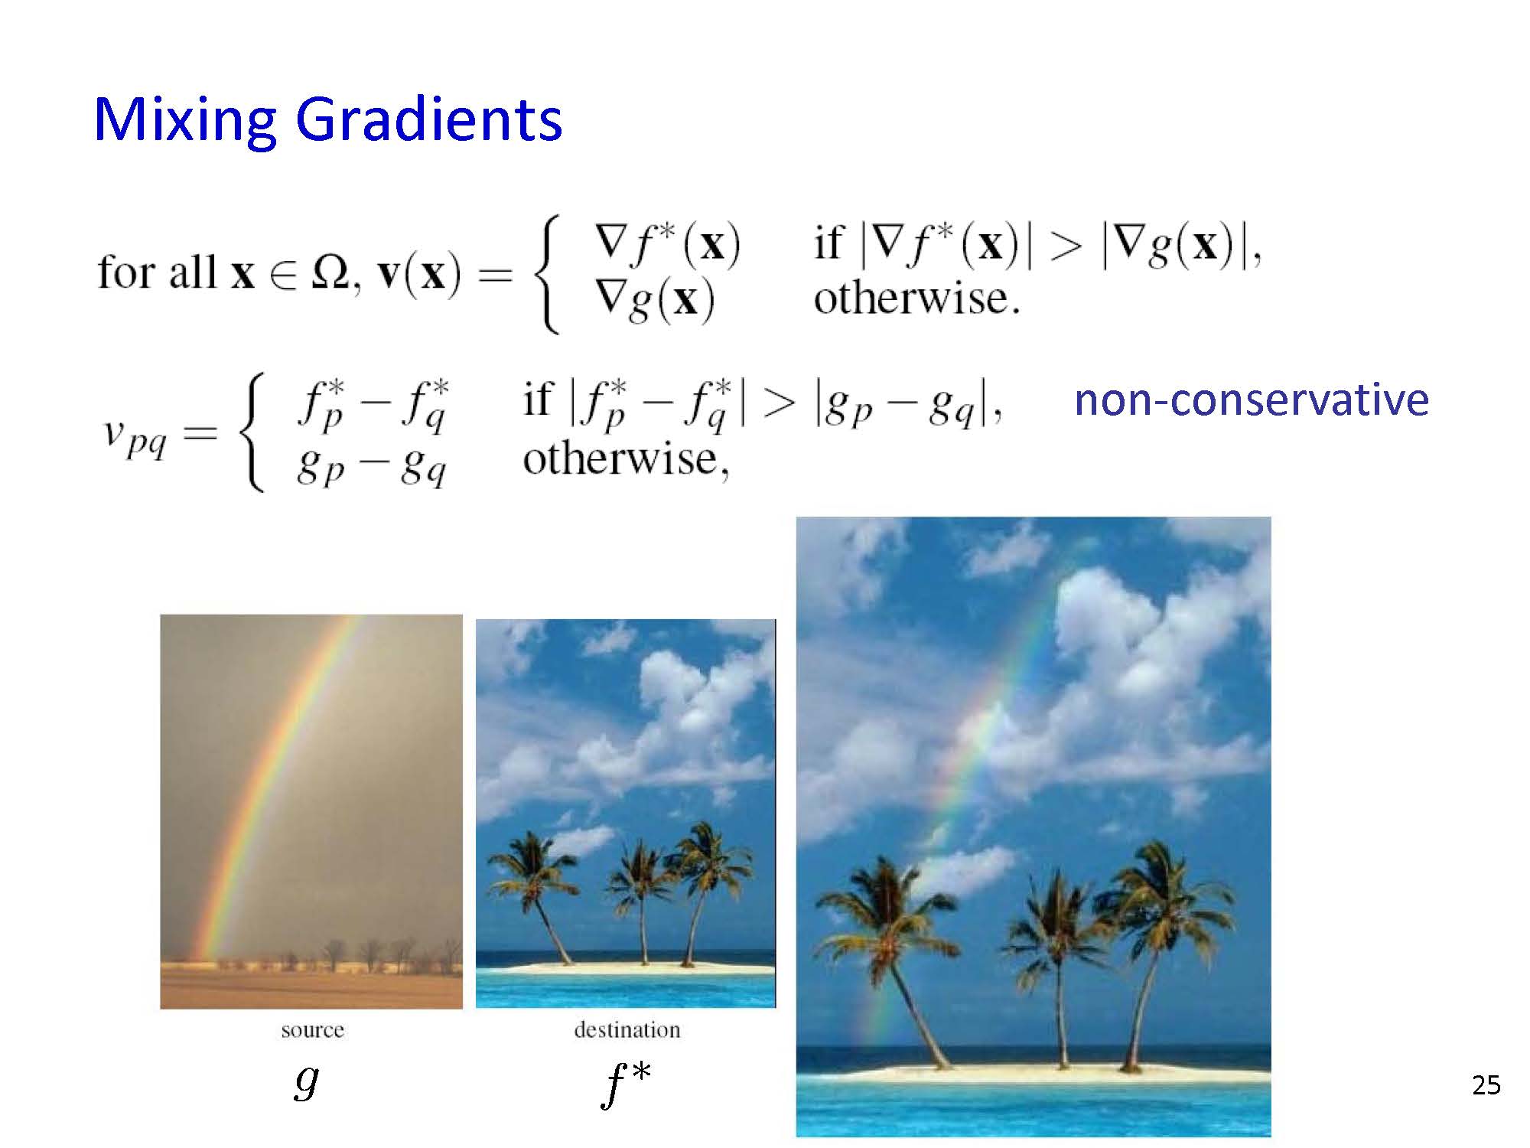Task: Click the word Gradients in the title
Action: (x=429, y=119)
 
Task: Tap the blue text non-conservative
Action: (x=1252, y=400)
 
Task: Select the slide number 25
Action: (x=1486, y=1085)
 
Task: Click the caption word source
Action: (x=312, y=1030)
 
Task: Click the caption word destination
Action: (x=627, y=1029)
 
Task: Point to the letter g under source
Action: (x=306, y=1081)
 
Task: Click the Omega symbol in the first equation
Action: (x=330, y=272)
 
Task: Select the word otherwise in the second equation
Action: (x=626, y=459)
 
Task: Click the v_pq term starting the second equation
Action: (x=135, y=437)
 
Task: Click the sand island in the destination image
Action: (x=626, y=968)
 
